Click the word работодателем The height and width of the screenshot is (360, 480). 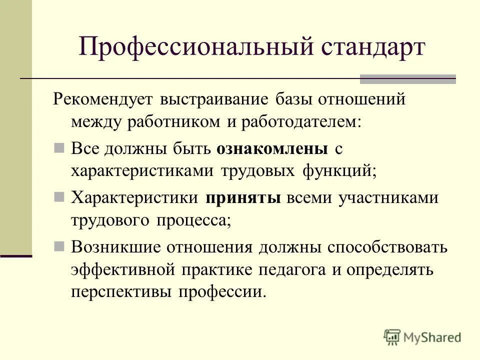pyautogui.click(x=300, y=122)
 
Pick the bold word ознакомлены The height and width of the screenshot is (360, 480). pyautogui.click(x=272, y=148)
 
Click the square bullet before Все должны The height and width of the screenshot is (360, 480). pyautogui.click(x=58, y=148)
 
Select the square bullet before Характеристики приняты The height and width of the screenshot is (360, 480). pyautogui.click(x=58, y=197)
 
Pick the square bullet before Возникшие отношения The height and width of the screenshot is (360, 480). pyautogui.click(x=58, y=246)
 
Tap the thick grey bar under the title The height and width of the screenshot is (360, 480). pyautogui.click(x=408, y=78)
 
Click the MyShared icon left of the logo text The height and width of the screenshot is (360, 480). pyautogui.click(x=392, y=337)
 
